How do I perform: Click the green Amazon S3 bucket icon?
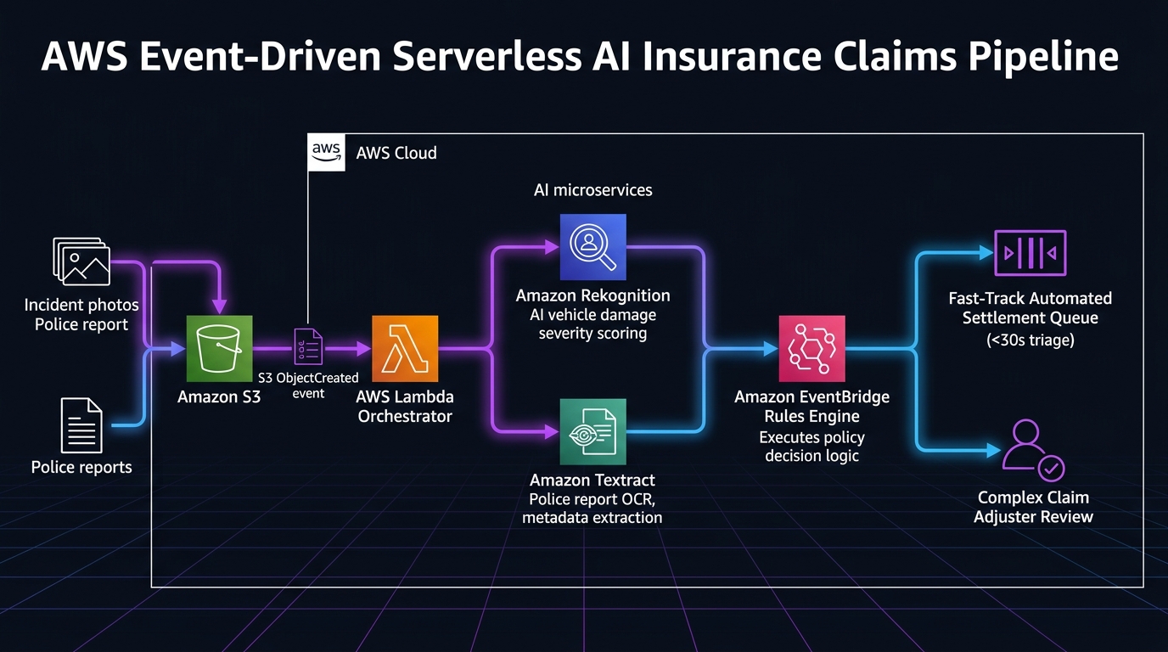click(220, 348)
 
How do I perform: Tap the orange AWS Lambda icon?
click(405, 348)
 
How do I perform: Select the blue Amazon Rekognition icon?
click(592, 247)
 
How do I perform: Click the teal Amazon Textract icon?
click(592, 431)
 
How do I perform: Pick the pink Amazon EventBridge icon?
click(811, 348)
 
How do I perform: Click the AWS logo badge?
click(327, 152)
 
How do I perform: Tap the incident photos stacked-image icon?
click(81, 261)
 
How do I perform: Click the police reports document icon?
click(81, 425)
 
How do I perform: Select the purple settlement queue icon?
click(1030, 253)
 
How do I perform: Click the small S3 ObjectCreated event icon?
click(308, 346)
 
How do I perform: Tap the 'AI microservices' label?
click(592, 190)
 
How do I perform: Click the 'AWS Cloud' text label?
click(396, 153)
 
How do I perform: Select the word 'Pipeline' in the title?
click(1044, 56)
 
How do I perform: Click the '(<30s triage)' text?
click(1030, 340)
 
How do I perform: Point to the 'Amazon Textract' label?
click(592, 480)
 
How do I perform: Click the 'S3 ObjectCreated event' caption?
click(308, 385)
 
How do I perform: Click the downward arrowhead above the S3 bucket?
click(220, 306)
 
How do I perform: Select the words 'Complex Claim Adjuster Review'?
click(1033, 507)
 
